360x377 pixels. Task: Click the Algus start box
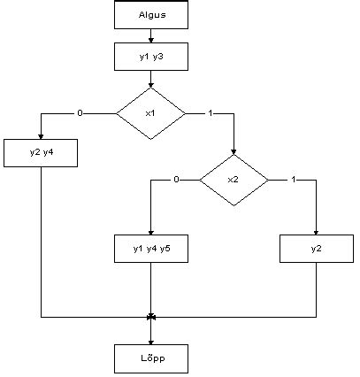point(151,15)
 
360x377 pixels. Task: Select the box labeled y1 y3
point(151,58)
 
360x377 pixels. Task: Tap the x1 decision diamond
point(151,113)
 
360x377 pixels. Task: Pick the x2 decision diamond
point(234,180)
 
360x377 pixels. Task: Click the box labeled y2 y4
point(42,153)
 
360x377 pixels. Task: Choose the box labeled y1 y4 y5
point(151,249)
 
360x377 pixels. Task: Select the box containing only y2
point(316,249)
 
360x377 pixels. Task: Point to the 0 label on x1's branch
point(80,113)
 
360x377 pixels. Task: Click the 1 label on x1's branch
point(209,113)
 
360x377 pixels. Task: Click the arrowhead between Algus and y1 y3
point(151,40)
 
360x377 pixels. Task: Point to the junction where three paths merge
point(151,317)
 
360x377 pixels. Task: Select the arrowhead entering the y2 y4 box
point(42,136)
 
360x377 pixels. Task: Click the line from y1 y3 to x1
point(151,80)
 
